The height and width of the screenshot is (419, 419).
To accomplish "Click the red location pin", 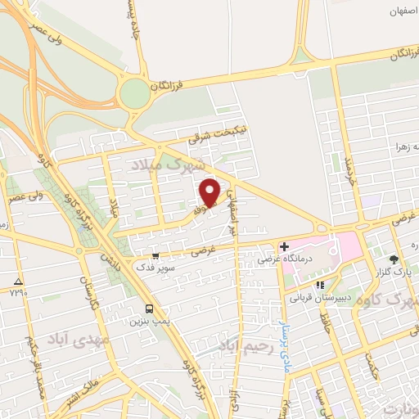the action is pyautogui.click(x=211, y=191).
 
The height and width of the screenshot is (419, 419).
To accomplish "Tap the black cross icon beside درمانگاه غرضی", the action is pyautogui.click(x=285, y=246).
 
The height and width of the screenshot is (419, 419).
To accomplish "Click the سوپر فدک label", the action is pyautogui.click(x=155, y=268).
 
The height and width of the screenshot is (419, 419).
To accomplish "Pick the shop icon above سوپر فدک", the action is pyautogui.click(x=155, y=256).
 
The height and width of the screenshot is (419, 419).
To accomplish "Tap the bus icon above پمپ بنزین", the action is pyautogui.click(x=149, y=309).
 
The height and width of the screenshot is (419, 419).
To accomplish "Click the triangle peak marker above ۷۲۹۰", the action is pyautogui.click(x=19, y=281).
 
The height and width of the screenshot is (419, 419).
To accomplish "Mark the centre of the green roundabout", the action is pyautogui.click(x=134, y=94).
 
